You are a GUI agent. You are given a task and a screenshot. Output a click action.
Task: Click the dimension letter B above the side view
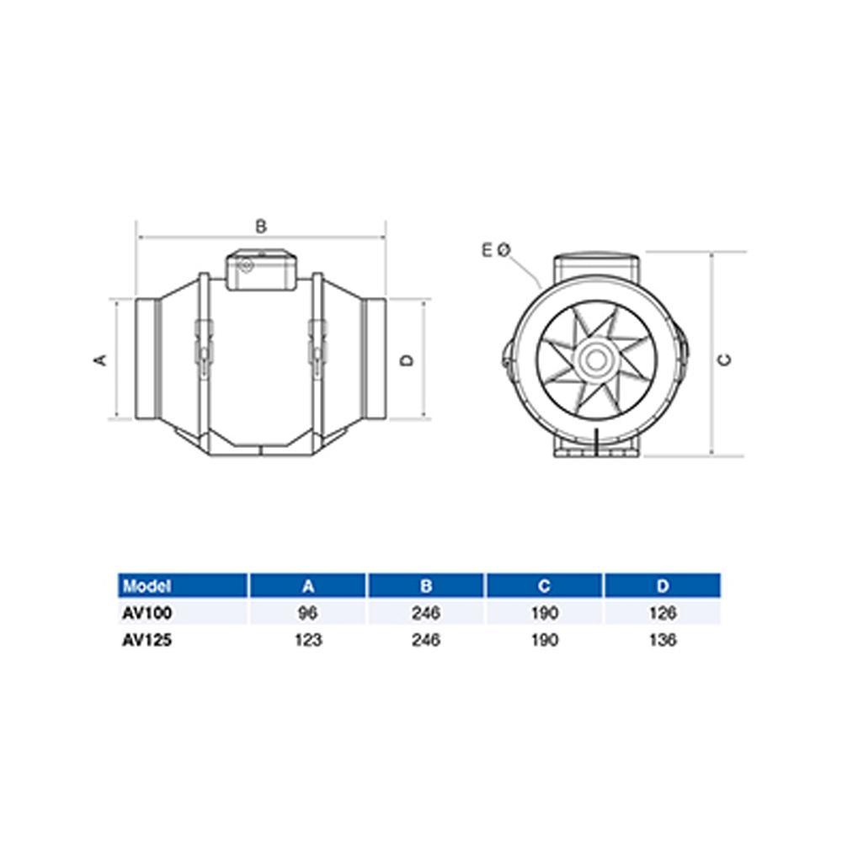(261, 226)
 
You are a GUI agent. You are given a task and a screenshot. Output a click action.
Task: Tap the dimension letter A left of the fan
(100, 360)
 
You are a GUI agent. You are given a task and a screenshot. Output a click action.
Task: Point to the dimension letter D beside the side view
(407, 360)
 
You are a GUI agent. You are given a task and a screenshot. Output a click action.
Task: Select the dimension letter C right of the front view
(724, 360)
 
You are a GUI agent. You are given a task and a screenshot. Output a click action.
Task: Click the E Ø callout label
(496, 249)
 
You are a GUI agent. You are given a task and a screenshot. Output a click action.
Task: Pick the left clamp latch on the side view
(203, 345)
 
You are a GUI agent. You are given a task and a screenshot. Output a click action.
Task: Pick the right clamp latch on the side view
(317, 345)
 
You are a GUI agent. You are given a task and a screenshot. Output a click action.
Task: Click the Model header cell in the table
(147, 585)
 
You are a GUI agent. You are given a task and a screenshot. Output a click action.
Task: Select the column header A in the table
(308, 585)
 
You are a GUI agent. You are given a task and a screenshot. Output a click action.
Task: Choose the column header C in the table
(545, 585)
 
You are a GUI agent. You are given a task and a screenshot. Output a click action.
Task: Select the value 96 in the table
(308, 613)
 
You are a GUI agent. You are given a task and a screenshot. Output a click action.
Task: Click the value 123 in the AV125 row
(308, 640)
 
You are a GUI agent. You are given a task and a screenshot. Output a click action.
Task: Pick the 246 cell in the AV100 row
(426, 613)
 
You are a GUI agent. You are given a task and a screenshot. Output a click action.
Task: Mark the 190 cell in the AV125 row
(545, 640)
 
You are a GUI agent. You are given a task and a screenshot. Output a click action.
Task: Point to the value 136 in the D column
(663, 640)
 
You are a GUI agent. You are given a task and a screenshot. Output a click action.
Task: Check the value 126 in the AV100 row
(663, 613)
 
